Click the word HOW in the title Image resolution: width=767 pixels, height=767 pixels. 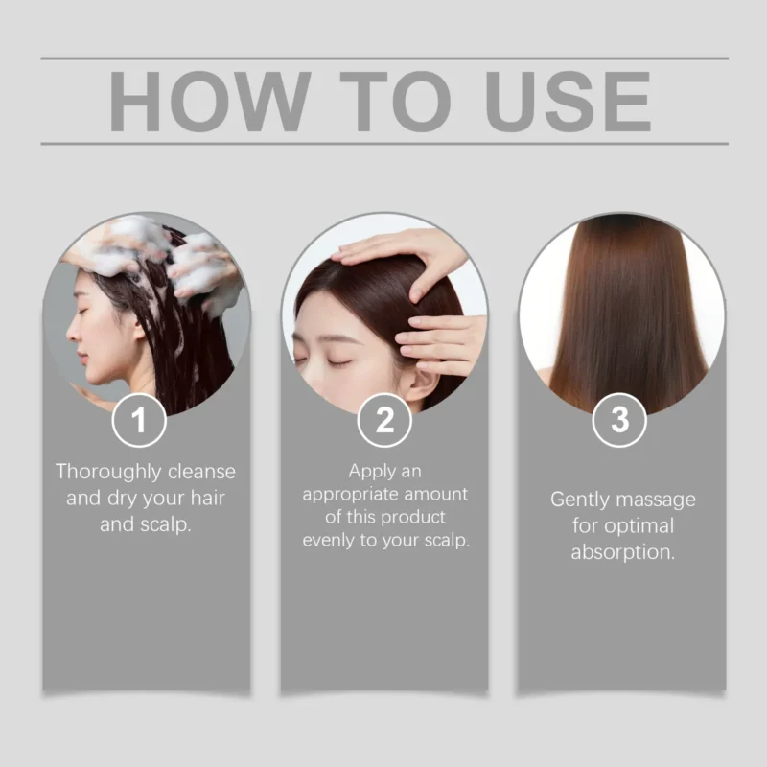coord(209,102)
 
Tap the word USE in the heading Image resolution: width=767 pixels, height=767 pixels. coord(568,102)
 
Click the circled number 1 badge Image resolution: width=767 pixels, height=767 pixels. coord(139,420)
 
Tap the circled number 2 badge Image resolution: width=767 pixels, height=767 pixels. coord(384,420)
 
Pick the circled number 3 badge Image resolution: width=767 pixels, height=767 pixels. coord(619,420)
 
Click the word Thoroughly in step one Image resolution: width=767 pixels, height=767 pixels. coord(108,473)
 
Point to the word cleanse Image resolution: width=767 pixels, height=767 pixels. coord(201,472)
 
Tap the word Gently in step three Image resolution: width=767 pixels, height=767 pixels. coord(580,500)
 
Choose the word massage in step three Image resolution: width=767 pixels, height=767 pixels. coord(656,500)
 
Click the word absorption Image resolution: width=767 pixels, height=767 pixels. coord(622,553)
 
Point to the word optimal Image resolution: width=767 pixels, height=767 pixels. coord(639,526)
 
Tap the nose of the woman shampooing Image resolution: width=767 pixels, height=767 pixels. coord(72,333)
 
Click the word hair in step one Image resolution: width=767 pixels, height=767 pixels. coord(207,498)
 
